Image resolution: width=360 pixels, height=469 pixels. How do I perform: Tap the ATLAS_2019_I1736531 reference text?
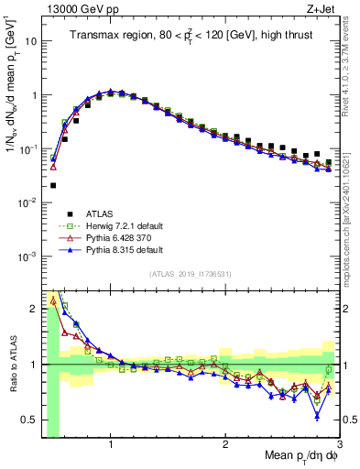tap(190, 274)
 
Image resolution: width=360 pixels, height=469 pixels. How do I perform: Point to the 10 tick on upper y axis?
tap(29, 41)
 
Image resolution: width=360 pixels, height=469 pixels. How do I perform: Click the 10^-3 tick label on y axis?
tap(27, 255)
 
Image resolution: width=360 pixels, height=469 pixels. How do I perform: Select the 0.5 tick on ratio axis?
tap(27, 420)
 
